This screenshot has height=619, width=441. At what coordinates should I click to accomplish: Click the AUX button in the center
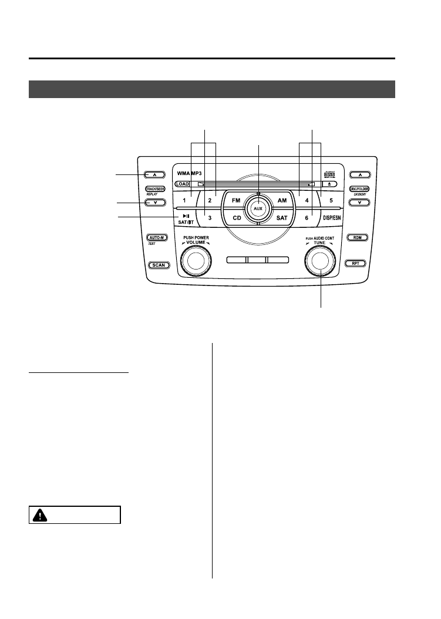click(258, 208)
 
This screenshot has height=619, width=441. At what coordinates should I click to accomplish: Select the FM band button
click(236, 201)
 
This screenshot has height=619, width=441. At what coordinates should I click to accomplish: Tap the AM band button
click(281, 201)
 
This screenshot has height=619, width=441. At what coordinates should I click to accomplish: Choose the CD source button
click(236, 218)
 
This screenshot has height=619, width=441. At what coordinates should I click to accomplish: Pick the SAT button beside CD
click(281, 218)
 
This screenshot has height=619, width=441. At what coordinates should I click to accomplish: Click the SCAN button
click(159, 265)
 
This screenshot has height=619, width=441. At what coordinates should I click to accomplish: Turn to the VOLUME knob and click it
click(196, 260)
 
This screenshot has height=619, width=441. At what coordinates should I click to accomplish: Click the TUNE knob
click(321, 260)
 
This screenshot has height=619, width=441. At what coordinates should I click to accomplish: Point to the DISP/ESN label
click(335, 218)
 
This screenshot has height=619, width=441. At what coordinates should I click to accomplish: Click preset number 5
click(331, 201)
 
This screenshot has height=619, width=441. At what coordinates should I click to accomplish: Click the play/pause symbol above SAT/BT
click(186, 216)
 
